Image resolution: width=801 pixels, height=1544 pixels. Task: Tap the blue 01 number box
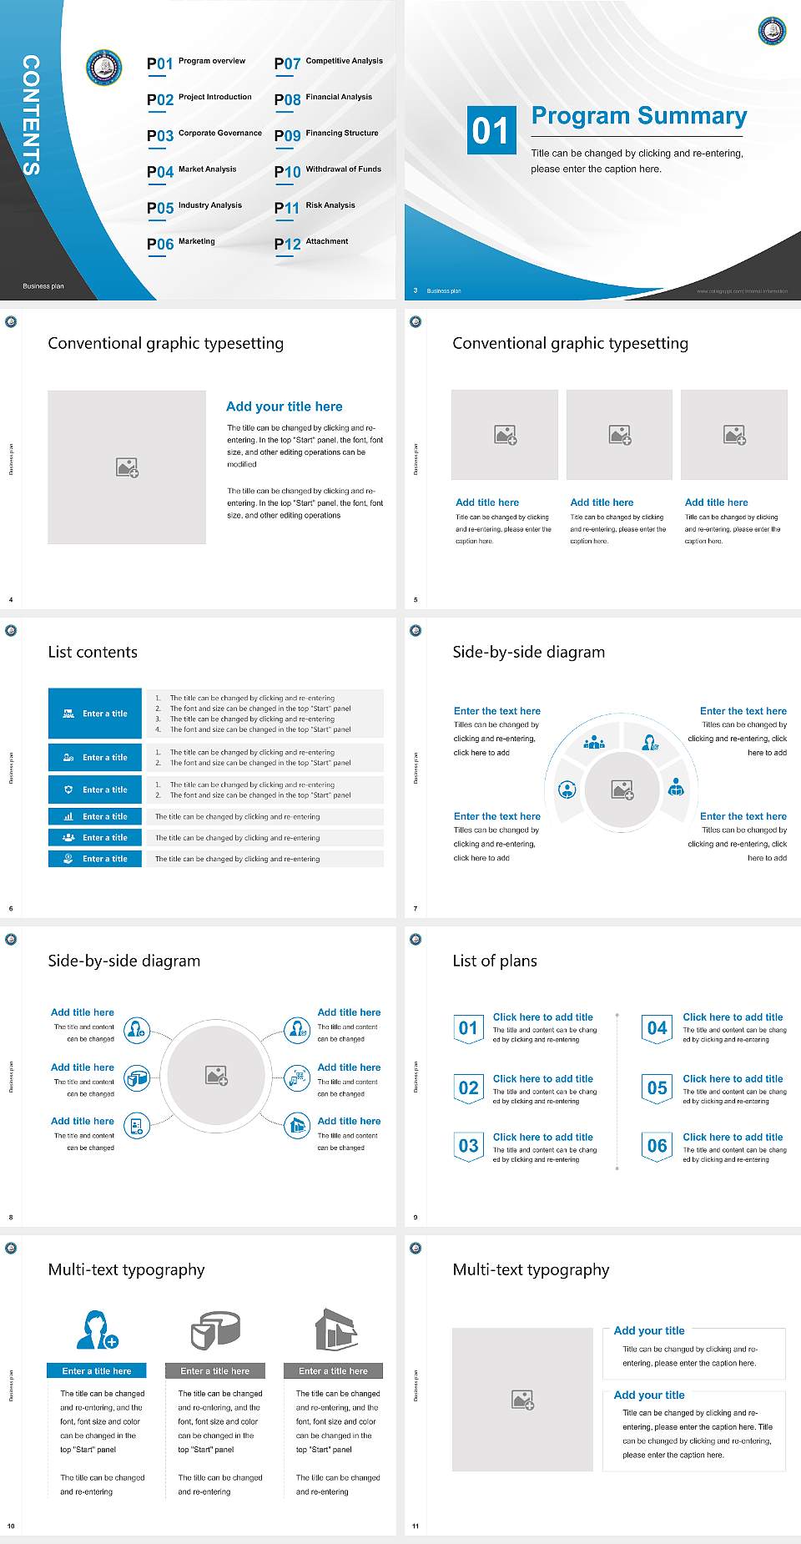tap(491, 130)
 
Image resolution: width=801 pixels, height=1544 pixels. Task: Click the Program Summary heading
tap(638, 116)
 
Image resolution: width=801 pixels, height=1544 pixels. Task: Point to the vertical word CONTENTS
tap(31, 115)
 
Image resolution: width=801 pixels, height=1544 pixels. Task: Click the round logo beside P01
tap(104, 68)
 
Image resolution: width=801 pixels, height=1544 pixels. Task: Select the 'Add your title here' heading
tap(284, 406)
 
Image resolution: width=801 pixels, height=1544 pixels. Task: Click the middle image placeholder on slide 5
tap(619, 435)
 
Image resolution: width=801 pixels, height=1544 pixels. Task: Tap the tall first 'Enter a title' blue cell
tap(95, 714)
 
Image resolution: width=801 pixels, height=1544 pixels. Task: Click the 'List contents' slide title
tap(93, 652)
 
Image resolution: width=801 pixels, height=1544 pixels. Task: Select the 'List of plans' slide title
tap(495, 961)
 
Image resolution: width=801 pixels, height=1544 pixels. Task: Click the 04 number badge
tap(657, 1028)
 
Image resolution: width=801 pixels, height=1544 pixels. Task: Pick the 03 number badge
tap(468, 1146)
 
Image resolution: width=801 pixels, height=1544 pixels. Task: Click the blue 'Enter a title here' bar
tap(97, 1370)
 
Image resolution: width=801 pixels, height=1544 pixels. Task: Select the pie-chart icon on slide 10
tap(215, 1330)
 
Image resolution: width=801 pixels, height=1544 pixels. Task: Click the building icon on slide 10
tap(335, 1330)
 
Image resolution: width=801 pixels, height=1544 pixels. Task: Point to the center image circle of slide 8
tap(216, 1075)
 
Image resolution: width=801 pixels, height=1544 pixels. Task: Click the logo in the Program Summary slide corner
tap(772, 31)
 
